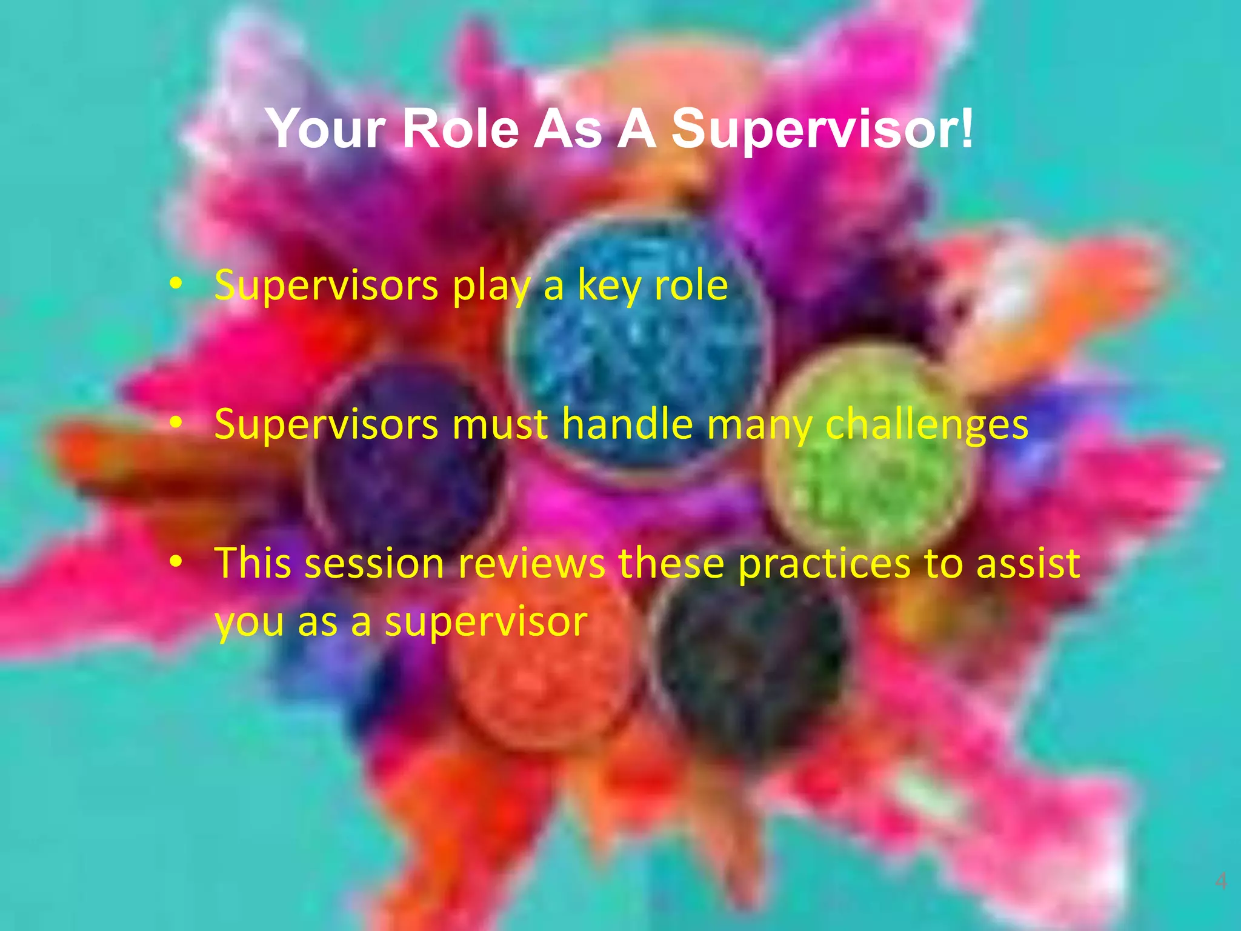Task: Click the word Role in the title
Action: pos(461,128)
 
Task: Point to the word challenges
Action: pos(927,425)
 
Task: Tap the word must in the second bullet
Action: pos(501,424)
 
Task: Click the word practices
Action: pos(824,563)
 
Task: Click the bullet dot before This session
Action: pos(176,562)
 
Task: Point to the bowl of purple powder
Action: pos(406,461)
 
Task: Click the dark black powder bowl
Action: pos(751,661)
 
